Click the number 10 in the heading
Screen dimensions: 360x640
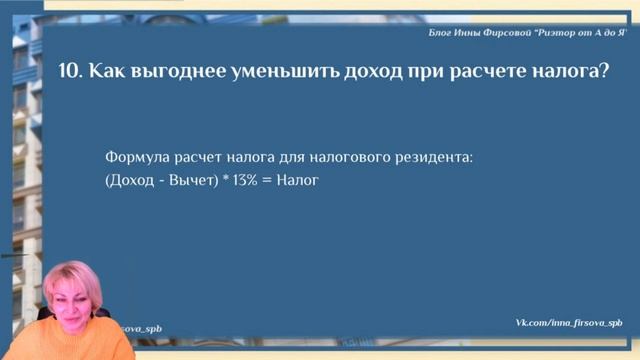click(71, 71)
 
